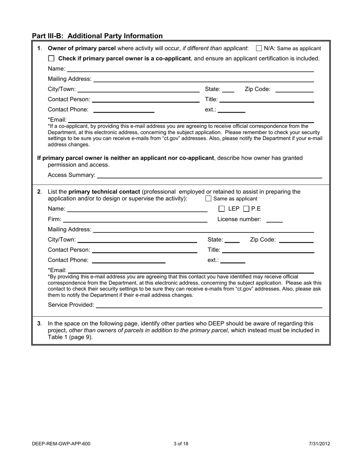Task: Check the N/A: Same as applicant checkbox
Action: tap(259, 48)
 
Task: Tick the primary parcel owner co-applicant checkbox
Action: tap(52, 59)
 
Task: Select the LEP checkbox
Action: tap(222, 209)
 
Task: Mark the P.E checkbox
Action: tap(246, 209)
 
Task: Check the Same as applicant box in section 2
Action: tap(208, 199)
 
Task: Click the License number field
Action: tap(274, 220)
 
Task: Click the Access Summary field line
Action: tap(210, 175)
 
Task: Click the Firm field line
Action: tap(135, 220)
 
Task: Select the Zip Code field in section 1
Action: tap(294, 89)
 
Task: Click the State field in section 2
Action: tap(232, 240)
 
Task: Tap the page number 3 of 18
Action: tap(181, 444)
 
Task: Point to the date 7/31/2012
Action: tap(319, 444)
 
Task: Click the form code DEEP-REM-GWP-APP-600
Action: tap(61, 444)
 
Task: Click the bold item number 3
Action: tap(39, 323)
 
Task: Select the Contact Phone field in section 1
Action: tap(123, 110)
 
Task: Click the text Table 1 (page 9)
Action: tap(70, 337)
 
